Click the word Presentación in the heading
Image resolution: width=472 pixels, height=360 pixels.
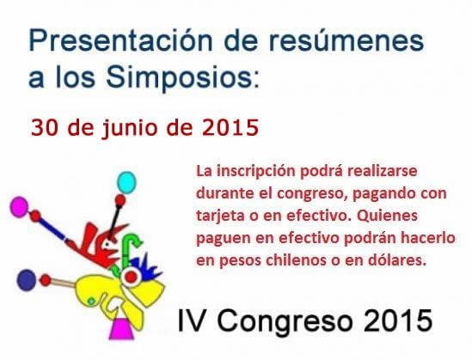click(x=120, y=41)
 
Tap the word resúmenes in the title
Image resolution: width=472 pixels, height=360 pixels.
click(x=341, y=41)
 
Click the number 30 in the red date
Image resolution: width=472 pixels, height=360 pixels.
click(x=44, y=127)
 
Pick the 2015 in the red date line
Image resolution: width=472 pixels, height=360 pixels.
click(x=230, y=127)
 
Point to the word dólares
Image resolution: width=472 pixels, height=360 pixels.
click(x=398, y=259)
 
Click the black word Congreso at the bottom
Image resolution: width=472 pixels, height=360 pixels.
click(x=285, y=322)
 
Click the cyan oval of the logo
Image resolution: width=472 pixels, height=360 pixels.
click(x=126, y=182)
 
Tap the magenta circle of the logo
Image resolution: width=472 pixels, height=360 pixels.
click(x=19, y=206)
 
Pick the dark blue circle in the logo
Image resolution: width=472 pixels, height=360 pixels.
click(x=27, y=280)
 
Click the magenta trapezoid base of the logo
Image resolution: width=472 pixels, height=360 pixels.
click(x=122, y=329)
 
